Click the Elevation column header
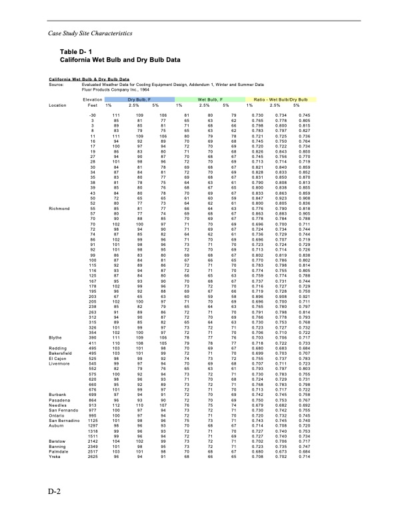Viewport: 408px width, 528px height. click(x=93, y=99)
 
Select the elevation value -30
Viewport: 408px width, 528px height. click(x=93, y=115)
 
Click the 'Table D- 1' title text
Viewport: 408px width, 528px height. click(x=77, y=51)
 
